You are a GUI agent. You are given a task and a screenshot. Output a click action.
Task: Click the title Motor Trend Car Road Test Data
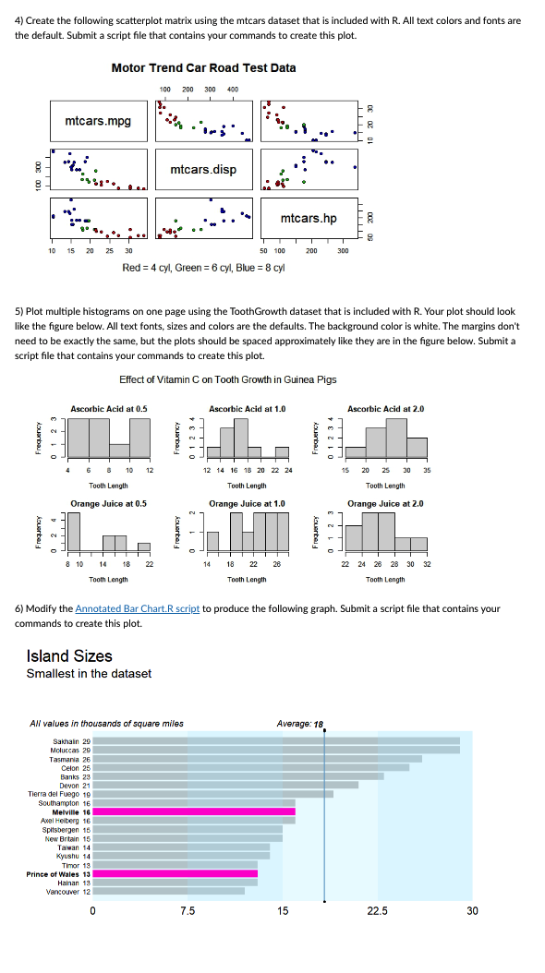[x=203, y=68]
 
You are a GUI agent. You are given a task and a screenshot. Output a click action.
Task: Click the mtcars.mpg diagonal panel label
[x=98, y=121]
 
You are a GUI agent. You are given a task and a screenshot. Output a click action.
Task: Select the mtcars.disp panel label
[x=203, y=170]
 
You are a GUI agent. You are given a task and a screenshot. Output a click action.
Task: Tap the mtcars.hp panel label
[x=309, y=218]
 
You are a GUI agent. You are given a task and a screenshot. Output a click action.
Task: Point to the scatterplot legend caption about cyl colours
[x=203, y=268]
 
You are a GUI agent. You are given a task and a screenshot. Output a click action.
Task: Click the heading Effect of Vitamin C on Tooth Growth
[x=228, y=379]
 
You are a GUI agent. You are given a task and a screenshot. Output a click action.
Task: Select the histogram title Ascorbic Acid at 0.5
[x=109, y=408]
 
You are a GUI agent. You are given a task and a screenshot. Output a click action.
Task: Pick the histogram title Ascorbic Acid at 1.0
[x=247, y=408]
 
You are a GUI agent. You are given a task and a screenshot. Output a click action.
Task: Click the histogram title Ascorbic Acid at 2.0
[x=385, y=408]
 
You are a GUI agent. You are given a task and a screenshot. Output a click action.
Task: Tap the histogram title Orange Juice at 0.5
[x=109, y=504]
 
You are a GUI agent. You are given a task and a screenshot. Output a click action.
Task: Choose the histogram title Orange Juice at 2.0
[x=385, y=504]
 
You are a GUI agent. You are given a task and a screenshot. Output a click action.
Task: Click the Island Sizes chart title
[x=69, y=656]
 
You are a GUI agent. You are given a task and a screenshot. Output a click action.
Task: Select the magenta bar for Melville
[x=194, y=811]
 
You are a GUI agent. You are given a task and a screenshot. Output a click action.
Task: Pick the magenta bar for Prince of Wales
[x=176, y=873]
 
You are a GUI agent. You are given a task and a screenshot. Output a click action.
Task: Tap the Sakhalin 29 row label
[x=73, y=741]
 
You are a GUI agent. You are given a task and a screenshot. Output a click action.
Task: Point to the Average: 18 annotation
[x=300, y=724]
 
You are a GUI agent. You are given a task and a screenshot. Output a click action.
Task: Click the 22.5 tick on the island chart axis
[x=378, y=910]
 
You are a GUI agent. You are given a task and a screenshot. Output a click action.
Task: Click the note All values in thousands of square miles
[x=106, y=724]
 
